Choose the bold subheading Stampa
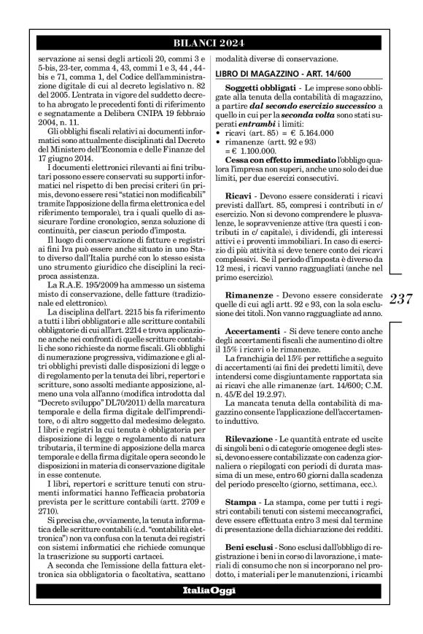pos(241,482)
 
